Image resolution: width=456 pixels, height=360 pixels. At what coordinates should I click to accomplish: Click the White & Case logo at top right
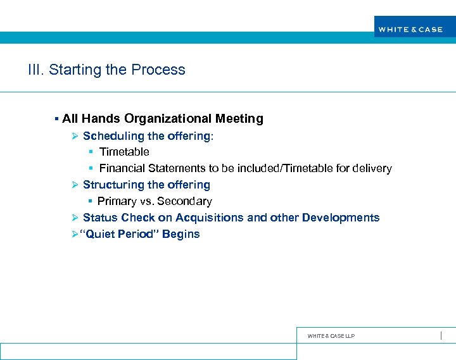click(x=410, y=29)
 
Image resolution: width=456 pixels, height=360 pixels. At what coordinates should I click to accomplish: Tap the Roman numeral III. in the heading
click(x=36, y=70)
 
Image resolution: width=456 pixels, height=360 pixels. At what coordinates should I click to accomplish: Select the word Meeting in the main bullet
click(x=239, y=118)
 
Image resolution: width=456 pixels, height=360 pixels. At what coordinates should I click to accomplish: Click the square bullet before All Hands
click(x=56, y=119)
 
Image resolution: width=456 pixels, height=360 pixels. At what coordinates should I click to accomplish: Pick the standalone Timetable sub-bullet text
click(x=124, y=152)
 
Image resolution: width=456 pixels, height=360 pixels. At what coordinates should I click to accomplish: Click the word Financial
click(x=122, y=168)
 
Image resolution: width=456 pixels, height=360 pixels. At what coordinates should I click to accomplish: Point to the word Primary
click(x=117, y=201)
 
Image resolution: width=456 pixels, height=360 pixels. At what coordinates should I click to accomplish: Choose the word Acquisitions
click(x=210, y=218)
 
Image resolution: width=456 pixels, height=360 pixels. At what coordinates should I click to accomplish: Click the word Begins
click(x=181, y=234)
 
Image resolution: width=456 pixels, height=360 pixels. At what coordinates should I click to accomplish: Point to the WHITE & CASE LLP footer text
click(x=331, y=336)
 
